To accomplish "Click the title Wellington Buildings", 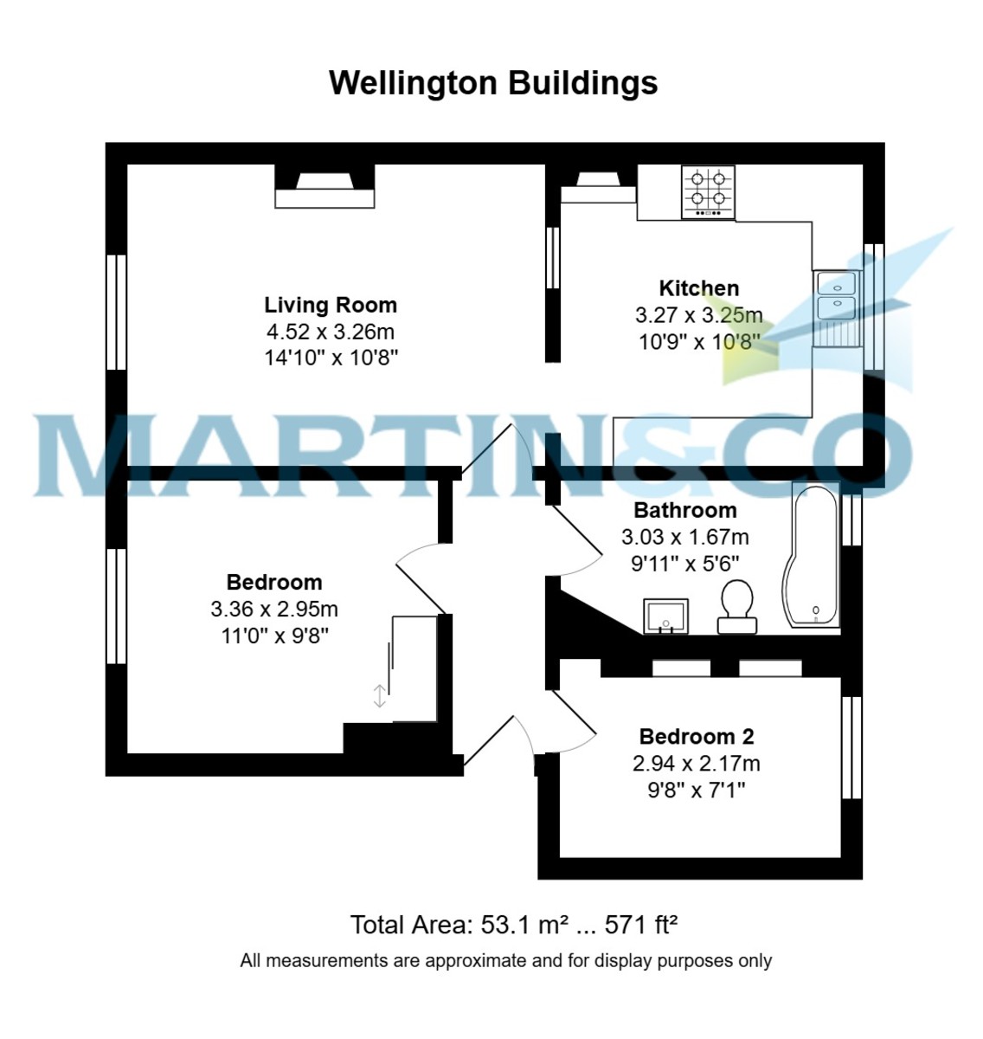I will pyautogui.click(x=493, y=83).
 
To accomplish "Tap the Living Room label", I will pyautogui.click(x=331, y=305).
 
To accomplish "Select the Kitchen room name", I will pyautogui.click(x=699, y=288).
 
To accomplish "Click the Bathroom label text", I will pyautogui.click(x=685, y=510).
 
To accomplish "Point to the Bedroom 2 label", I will pyautogui.click(x=697, y=737).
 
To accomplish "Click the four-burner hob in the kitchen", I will pyautogui.click(x=708, y=191).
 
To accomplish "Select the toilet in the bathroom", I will pyautogui.click(x=736, y=605).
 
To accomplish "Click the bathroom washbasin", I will pyautogui.click(x=665, y=616).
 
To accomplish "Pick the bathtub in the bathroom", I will pyautogui.click(x=812, y=556).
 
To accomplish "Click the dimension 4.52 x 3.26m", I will pyautogui.click(x=331, y=332).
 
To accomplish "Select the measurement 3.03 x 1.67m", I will pyautogui.click(x=685, y=538).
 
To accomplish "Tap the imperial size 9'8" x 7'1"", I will pyautogui.click(x=697, y=790).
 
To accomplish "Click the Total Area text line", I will pyautogui.click(x=513, y=925).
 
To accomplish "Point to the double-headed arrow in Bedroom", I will pyautogui.click(x=379, y=695).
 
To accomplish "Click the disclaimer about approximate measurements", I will pyautogui.click(x=506, y=960).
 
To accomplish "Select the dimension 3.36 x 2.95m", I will pyautogui.click(x=274, y=610).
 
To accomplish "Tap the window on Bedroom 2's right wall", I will pyautogui.click(x=852, y=747).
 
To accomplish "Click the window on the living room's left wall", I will pyautogui.click(x=116, y=312).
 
